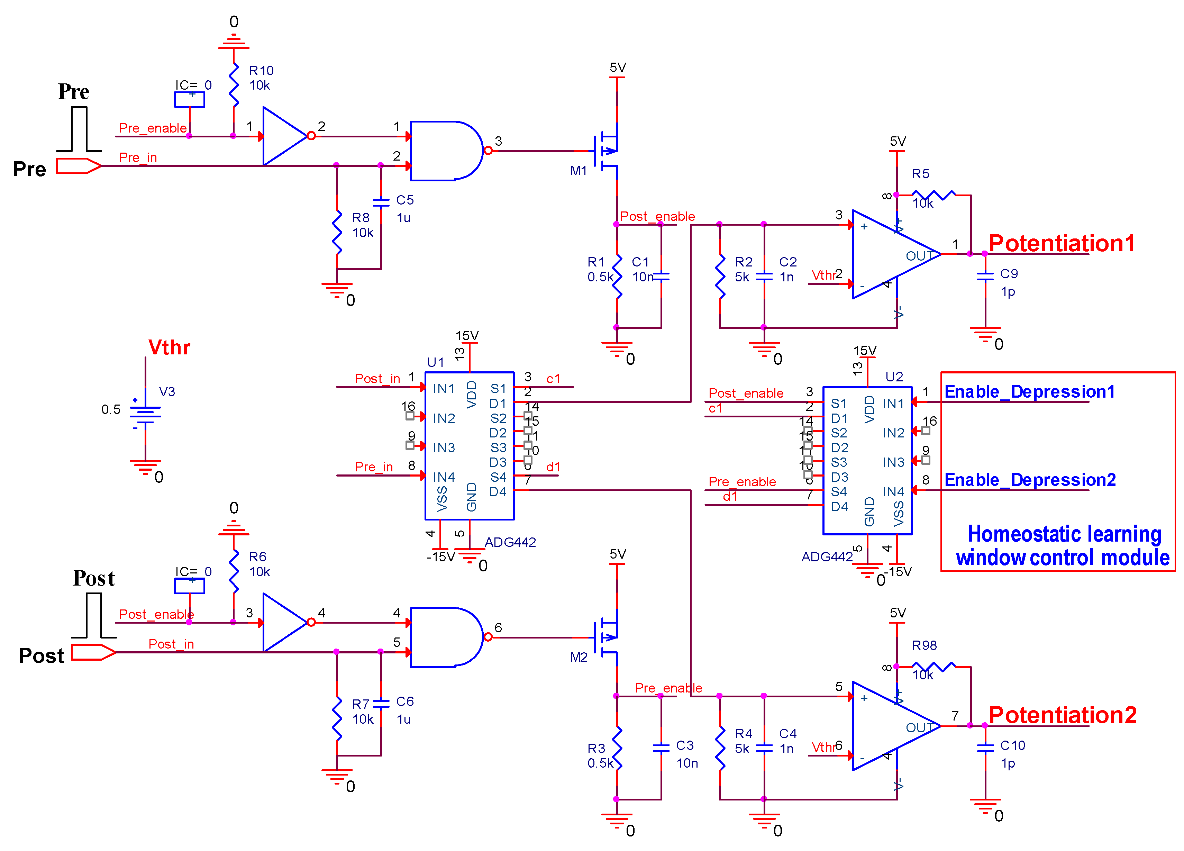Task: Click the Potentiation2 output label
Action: tap(1062, 715)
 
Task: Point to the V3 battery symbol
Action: tap(145, 413)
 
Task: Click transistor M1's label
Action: tap(579, 171)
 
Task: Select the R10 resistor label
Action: tap(261, 71)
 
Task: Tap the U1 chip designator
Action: tap(435, 362)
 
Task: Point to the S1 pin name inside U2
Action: tap(838, 403)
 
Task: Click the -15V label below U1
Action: tap(440, 557)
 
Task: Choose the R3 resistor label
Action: tap(596, 748)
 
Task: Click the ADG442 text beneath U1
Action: tap(510, 542)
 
